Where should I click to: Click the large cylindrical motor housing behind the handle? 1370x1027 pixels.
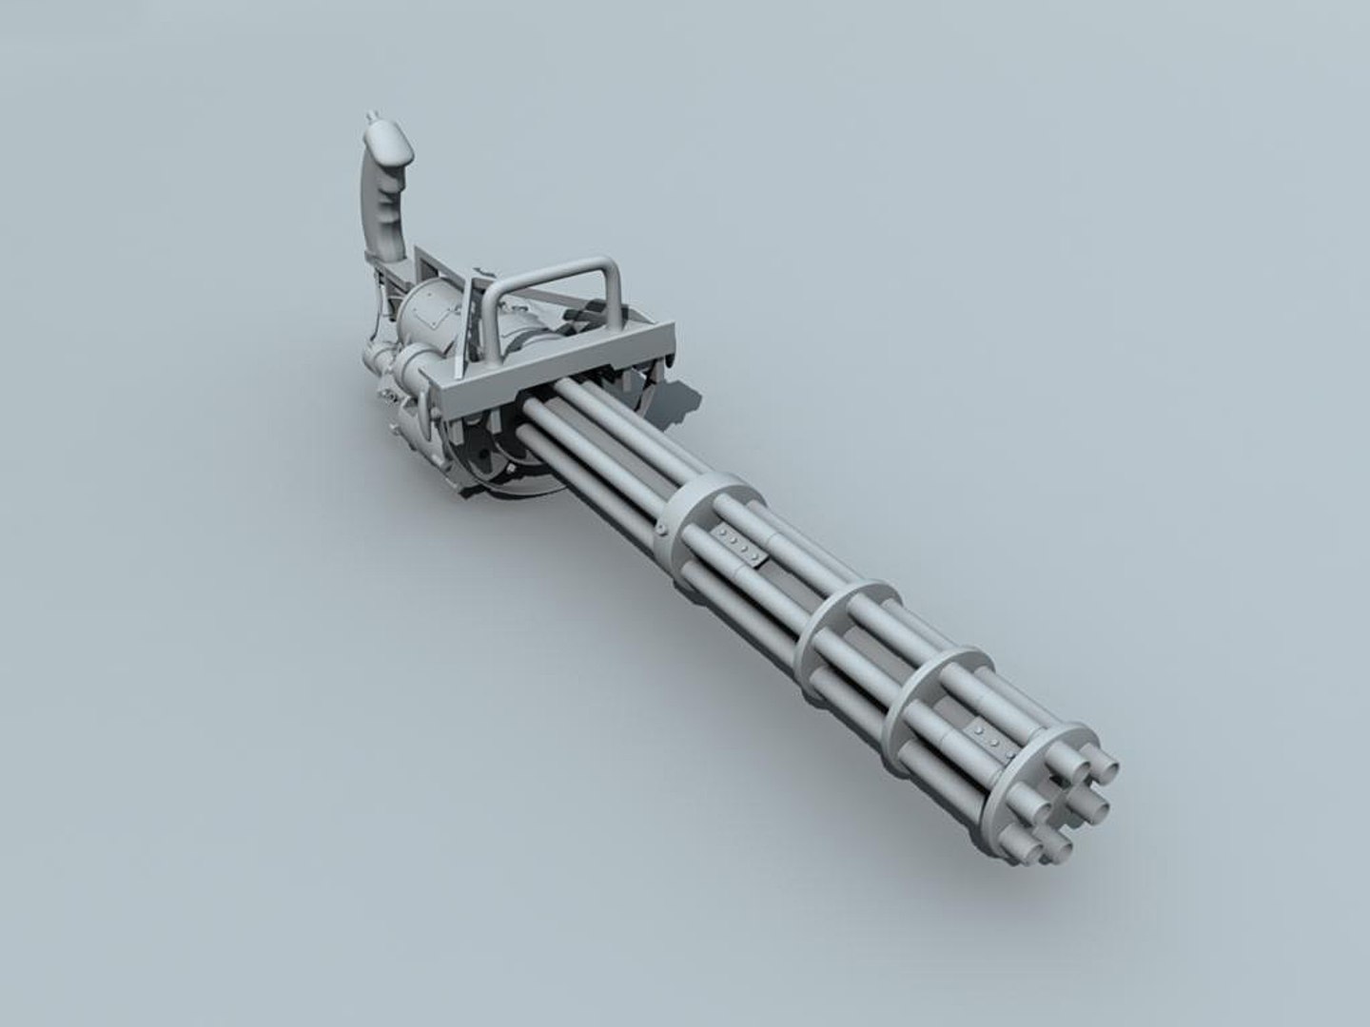pos(433,323)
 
